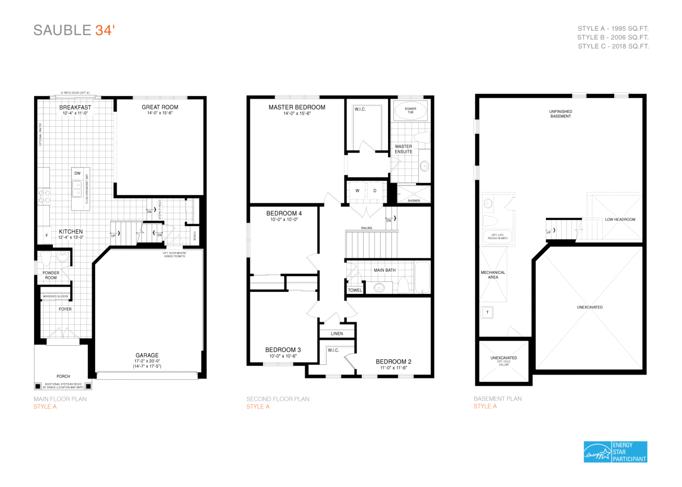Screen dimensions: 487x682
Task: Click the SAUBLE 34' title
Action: [74, 30]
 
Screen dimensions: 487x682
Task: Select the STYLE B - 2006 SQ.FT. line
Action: [613, 37]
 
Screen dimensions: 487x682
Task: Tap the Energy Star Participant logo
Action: [615, 452]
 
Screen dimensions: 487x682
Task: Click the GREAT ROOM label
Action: [160, 107]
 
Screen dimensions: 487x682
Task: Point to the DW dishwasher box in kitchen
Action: [78, 173]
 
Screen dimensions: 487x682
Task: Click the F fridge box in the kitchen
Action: [47, 236]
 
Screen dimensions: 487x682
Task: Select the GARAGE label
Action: [147, 355]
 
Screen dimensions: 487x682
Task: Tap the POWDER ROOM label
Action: [51, 275]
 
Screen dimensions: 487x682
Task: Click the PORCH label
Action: [63, 376]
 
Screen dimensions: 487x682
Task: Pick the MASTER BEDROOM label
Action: [297, 107]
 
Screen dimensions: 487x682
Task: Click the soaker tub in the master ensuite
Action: [410, 110]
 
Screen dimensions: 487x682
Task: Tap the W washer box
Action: [357, 191]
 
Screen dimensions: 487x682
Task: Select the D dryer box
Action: [375, 191]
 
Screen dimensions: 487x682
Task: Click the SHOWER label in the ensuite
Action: [414, 200]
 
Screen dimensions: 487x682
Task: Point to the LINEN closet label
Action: [337, 334]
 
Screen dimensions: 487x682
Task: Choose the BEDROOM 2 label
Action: [393, 361]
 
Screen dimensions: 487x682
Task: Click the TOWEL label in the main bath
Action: [355, 290]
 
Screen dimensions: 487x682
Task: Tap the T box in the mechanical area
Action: [487, 312]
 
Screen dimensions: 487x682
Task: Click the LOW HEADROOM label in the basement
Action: [620, 220]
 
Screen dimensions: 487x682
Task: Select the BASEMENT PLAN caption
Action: [497, 399]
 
